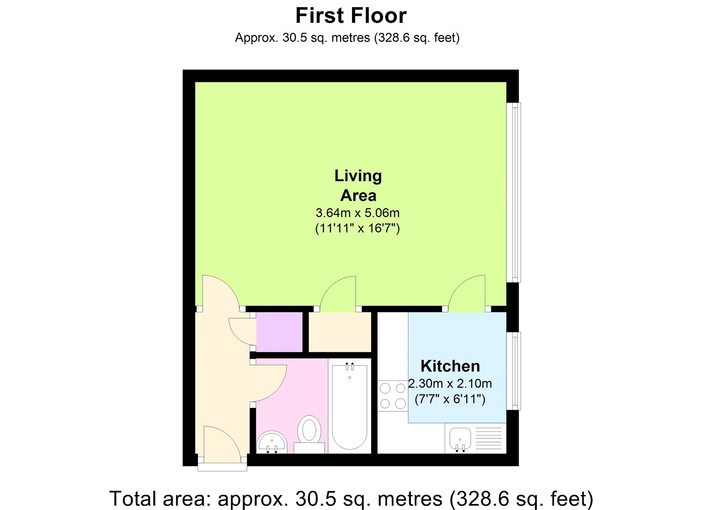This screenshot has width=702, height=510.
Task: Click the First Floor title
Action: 351,16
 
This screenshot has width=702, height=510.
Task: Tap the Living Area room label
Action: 358,185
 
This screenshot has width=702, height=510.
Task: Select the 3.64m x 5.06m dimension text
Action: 358,213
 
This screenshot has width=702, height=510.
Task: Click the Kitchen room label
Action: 450,366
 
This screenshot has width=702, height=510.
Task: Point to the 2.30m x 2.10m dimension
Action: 450,384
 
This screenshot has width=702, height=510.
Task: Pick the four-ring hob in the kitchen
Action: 393,396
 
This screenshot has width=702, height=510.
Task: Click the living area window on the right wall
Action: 514,192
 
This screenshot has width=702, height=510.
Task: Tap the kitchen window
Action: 514,371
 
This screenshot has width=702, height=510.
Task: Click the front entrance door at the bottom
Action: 222,444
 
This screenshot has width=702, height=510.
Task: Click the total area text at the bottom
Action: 351,499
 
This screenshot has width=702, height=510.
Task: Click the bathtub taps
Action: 350,366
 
